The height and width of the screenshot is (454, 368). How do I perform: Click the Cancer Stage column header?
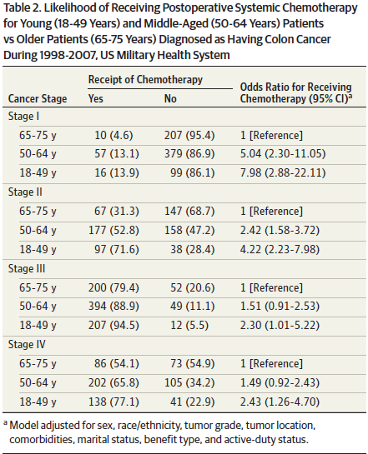38,99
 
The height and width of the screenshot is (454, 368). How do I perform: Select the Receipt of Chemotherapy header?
145,79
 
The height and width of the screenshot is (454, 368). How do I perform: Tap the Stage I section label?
23,116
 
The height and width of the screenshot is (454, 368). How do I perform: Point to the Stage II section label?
25,192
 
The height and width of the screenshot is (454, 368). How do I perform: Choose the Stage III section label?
27,268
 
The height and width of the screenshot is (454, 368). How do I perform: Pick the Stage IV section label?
27,345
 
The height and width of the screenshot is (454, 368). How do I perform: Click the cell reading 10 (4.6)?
113,135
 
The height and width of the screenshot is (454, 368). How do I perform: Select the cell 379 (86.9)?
189,154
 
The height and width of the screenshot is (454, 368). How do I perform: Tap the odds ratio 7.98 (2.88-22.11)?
283,173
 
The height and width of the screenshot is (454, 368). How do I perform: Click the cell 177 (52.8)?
113,230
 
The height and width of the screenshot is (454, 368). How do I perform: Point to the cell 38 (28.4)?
192,249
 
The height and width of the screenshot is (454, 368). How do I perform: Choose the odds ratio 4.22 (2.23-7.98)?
280,249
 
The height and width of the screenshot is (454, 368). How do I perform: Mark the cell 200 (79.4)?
113,287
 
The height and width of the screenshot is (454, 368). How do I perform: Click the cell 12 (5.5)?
189,325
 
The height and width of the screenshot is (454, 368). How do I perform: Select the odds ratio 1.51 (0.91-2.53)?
280,306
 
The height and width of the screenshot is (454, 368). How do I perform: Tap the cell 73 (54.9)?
192,363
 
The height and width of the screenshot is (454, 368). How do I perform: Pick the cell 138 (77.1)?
113,402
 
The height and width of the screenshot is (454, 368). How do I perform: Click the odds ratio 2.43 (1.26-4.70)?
280,402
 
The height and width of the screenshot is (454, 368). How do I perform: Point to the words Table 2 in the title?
22,7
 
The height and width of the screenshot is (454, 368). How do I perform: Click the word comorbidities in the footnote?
41,440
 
